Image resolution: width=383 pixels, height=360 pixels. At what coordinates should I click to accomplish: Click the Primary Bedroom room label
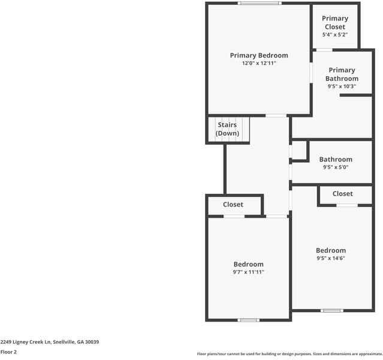(259, 55)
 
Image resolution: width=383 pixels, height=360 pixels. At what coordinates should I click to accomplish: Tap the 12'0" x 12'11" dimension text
(259, 63)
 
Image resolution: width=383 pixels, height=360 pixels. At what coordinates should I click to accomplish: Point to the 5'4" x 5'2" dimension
(335, 35)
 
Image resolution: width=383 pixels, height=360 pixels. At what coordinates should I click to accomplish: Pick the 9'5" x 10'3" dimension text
(342, 86)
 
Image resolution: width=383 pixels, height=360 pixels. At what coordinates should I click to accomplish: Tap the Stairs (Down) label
(227, 129)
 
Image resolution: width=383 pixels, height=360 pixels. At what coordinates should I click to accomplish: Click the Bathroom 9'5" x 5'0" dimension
(336, 167)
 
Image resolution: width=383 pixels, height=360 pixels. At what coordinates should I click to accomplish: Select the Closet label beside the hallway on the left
(233, 205)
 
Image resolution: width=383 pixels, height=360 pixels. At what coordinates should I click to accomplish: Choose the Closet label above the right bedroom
(343, 194)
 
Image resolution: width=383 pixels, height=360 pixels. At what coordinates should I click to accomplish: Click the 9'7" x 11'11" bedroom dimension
(248, 272)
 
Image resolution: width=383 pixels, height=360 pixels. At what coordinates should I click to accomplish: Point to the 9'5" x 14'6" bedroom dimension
(331, 258)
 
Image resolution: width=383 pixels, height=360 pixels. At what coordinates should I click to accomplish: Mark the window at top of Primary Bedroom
(259, 4)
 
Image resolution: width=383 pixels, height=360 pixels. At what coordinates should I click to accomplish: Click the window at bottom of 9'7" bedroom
(248, 320)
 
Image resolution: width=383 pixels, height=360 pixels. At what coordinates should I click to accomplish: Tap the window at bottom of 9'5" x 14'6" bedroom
(331, 310)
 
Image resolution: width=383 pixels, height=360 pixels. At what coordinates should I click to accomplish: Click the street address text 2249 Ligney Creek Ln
(49, 342)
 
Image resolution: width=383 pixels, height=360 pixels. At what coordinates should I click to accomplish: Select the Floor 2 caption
(8, 352)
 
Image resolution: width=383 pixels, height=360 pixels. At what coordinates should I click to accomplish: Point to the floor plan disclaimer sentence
(289, 353)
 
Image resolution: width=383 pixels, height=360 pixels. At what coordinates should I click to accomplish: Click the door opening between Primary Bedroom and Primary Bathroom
(311, 72)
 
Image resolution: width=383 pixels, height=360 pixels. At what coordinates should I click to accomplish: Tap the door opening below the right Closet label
(346, 205)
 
